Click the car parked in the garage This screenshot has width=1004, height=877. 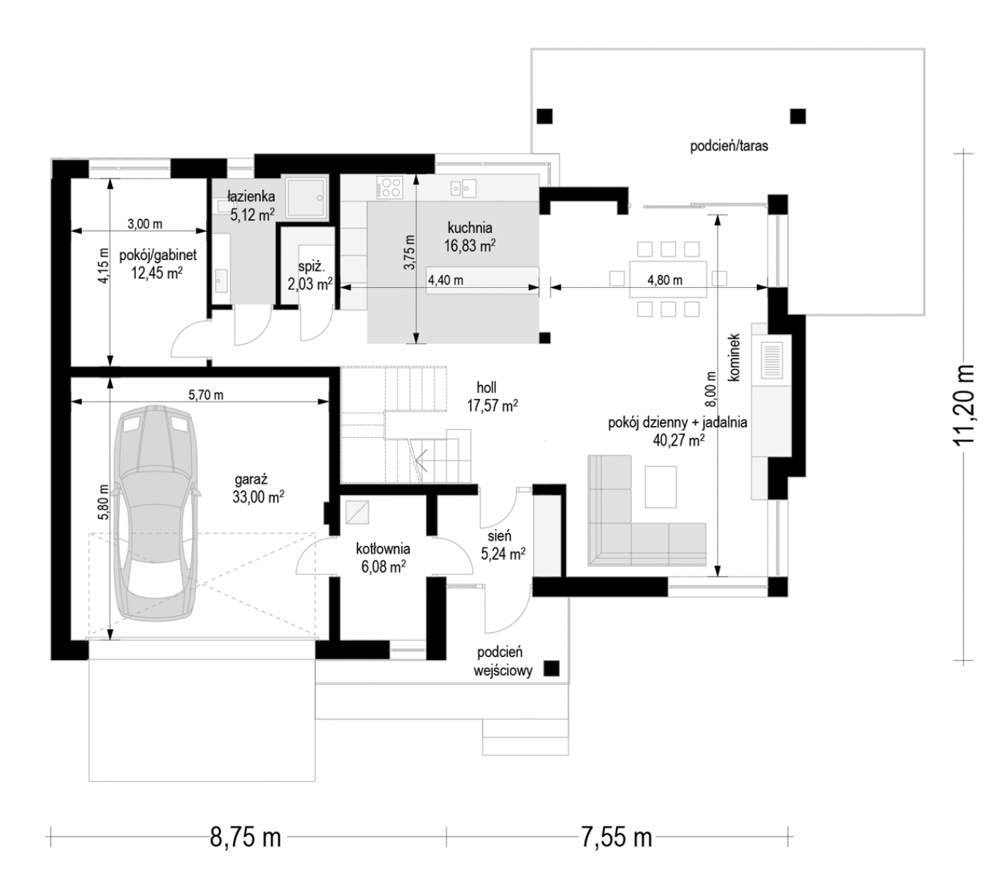click(156, 513)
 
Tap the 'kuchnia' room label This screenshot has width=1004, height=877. click(470, 228)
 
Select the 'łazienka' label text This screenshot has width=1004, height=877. click(251, 197)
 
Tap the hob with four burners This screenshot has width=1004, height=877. click(389, 187)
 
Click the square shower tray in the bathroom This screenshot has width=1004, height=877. click(307, 198)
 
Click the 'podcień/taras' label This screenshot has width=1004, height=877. click(729, 145)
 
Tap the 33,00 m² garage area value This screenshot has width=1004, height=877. click(258, 497)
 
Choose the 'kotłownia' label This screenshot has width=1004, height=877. click(383, 549)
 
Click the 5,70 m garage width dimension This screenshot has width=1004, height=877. click(205, 395)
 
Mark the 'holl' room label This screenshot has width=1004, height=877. click(487, 387)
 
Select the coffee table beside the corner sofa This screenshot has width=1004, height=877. click(661, 487)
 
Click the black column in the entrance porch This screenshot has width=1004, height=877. click(551, 669)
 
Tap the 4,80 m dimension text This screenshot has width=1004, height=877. click(665, 280)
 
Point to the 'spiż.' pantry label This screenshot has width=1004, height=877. click(311, 267)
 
